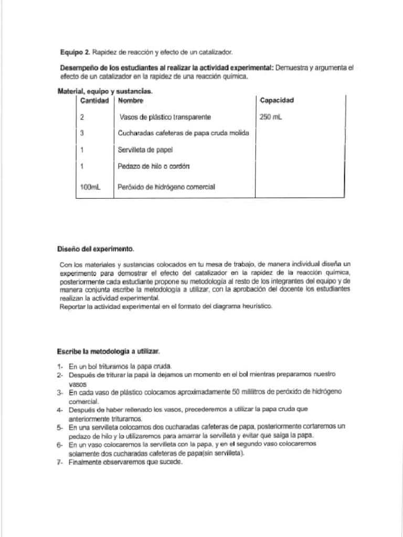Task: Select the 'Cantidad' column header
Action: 95,100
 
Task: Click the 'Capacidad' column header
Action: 277,100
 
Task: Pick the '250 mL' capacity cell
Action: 271,117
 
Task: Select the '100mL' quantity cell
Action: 90,187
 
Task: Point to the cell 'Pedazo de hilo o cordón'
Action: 154,166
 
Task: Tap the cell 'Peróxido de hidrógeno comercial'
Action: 166,187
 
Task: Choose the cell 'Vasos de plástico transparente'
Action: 165,117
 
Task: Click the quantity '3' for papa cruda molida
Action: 82,133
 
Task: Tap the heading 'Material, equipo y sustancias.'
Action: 104,92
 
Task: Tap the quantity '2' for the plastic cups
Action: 82,117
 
